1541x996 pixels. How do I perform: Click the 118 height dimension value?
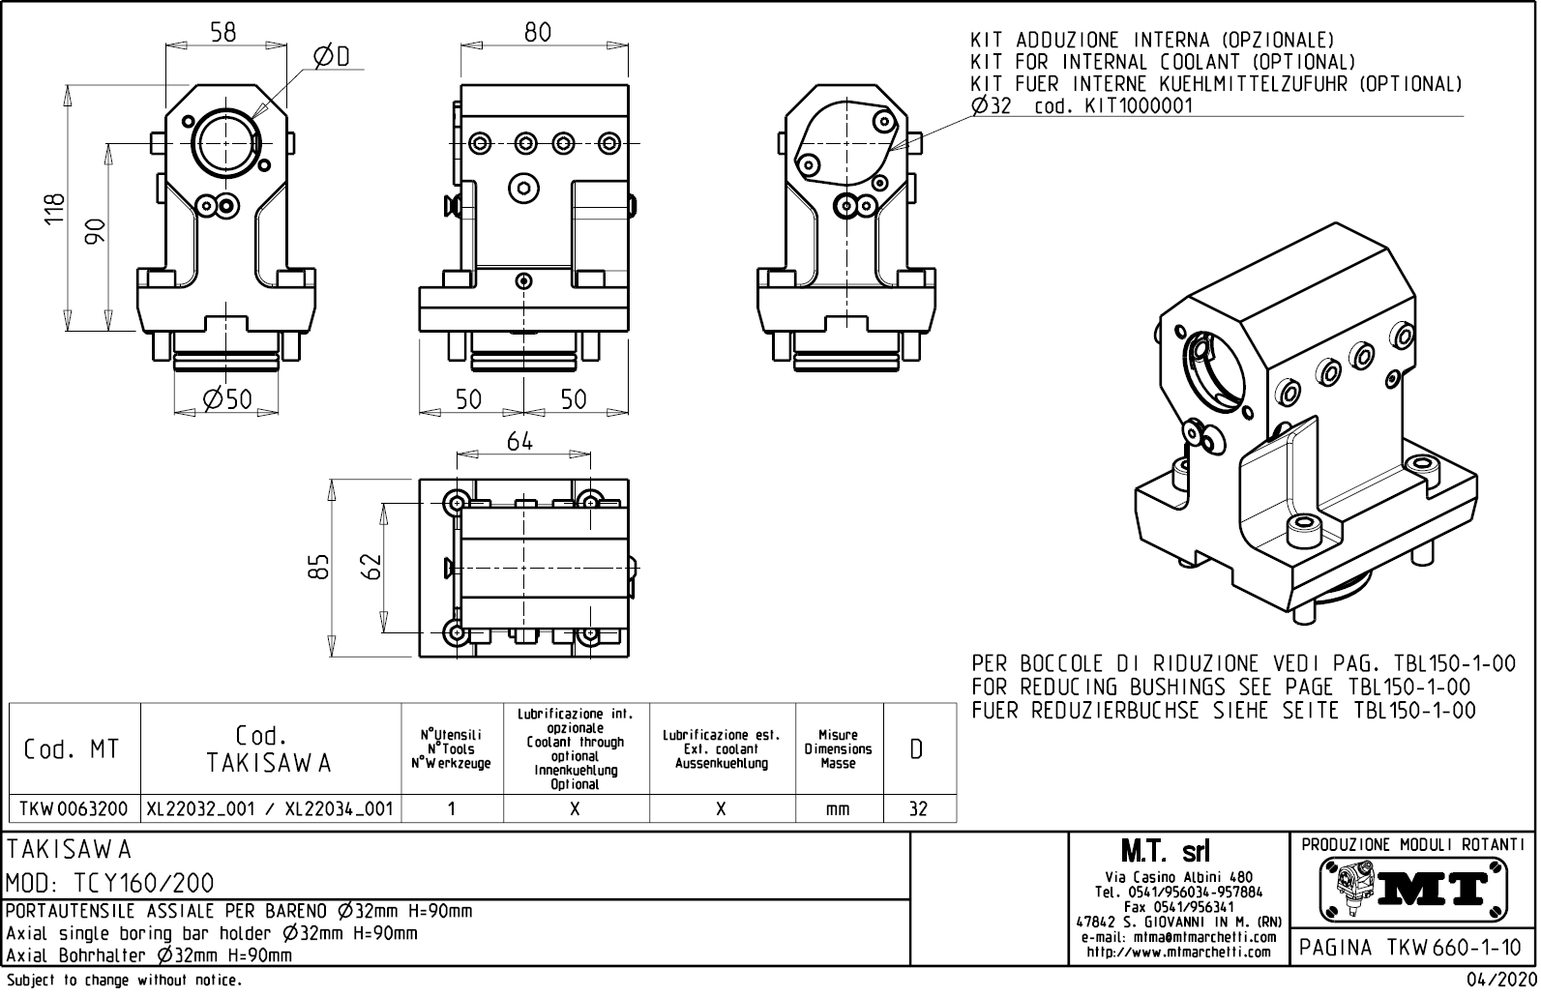tap(55, 209)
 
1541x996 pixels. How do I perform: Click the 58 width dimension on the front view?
tap(223, 32)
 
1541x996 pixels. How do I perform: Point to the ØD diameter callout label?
tap(331, 58)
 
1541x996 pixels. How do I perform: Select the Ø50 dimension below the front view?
tap(227, 398)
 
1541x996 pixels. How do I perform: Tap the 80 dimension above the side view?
tap(538, 32)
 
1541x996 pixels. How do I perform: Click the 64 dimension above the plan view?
tap(520, 441)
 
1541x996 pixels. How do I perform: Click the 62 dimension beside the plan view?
tap(372, 566)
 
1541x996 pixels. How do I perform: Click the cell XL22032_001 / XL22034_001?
tap(270, 808)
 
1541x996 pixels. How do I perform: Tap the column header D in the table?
tap(917, 749)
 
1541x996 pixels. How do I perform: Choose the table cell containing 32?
tap(918, 808)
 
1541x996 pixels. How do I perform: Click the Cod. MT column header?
tap(73, 749)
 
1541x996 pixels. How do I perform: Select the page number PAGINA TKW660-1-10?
tap(1411, 948)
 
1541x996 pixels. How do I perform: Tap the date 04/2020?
tap(1500, 980)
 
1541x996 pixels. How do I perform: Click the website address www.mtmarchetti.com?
tap(1178, 952)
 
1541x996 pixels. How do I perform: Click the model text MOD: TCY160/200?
tap(110, 883)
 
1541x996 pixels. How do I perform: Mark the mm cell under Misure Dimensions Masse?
tap(838, 808)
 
